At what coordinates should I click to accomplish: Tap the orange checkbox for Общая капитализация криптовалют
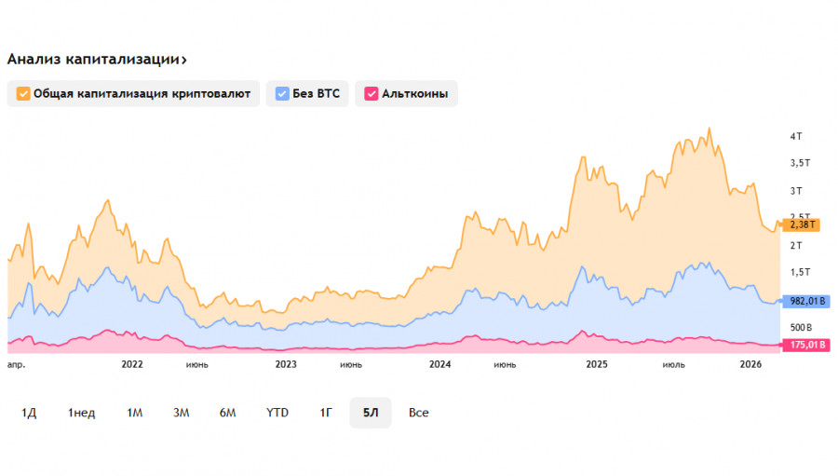point(23,93)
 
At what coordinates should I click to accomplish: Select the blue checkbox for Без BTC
point(283,93)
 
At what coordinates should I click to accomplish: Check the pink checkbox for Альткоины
point(371,93)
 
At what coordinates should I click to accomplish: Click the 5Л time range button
point(371,412)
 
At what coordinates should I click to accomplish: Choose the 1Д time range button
point(29,412)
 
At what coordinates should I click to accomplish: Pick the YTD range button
point(277,412)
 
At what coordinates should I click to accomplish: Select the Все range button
point(419,412)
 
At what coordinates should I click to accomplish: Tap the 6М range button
point(228,412)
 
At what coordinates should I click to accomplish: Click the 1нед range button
point(81,412)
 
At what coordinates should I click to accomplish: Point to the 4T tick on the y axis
point(796,136)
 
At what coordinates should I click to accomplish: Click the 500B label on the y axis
point(802,327)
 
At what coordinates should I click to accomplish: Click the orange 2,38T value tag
point(801,224)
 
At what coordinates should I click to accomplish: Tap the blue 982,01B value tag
point(806,301)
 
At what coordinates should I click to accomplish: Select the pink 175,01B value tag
point(806,345)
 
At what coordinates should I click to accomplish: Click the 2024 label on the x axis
point(440,364)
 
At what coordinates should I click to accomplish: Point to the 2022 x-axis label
point(132,364)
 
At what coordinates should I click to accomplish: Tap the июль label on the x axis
point(673,364)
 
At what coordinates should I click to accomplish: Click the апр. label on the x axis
point(16,364)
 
